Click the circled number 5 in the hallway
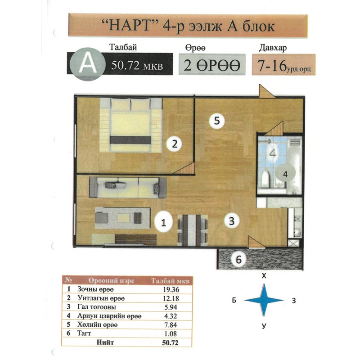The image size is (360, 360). coord(217,121)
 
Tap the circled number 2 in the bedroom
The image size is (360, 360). coord(175,144)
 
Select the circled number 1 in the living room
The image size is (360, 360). coord(163,222)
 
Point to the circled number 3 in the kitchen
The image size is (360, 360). coord(232,221)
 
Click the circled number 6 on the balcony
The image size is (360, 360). coord(239,260)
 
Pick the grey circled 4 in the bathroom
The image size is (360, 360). coord(285,174)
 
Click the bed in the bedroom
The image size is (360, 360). coord(131,126)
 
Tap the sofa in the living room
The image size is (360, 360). coord(128,187)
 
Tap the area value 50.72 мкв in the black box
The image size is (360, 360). coord(137,66)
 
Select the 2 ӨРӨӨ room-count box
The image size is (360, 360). coord(212,64)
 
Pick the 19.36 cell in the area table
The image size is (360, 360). coord(171,289)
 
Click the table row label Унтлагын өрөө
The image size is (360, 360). coord(101,298)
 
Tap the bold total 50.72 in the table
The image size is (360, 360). coord(170,342)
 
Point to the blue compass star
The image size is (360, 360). coord(264,300)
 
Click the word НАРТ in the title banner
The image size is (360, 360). coord(130,26)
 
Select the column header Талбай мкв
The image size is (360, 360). coord(171,281)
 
